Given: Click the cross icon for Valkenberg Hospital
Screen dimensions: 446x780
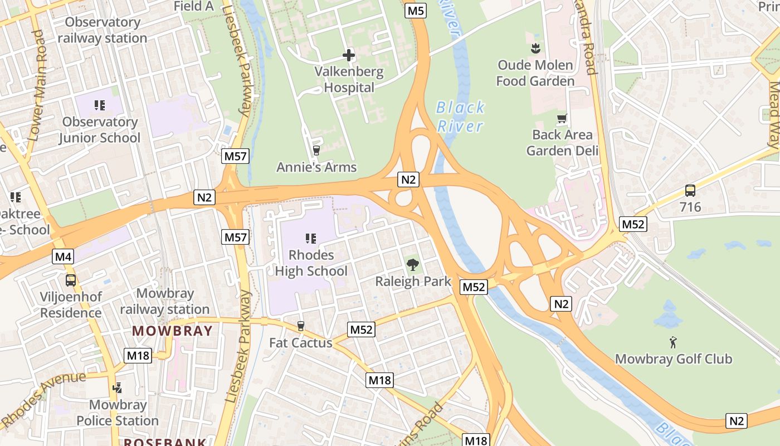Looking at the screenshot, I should (x=349, y=55).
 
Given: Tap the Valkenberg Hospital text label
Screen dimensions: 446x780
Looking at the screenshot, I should (x=349, y=80).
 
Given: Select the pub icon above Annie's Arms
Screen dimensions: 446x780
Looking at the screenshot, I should (x=316, y=150).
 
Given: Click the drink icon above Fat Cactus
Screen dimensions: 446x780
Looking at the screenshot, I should (x=301, y=326).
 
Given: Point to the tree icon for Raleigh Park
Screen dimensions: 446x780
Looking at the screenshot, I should (x=413, y=265).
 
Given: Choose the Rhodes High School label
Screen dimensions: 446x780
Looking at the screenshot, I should (x=311, y=263).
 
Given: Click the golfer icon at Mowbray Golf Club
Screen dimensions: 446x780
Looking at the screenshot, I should (x=673, y=342).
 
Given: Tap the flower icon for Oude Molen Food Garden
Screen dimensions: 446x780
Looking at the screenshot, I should (x=535, y=48).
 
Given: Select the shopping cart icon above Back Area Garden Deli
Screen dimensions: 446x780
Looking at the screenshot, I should (x=562, y=118).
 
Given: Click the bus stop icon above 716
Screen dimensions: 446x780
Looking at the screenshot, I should (x=690, y=191).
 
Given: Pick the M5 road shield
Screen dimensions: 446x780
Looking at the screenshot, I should (x=416, y=10).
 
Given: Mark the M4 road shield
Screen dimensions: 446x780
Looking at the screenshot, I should (x=63, y=256).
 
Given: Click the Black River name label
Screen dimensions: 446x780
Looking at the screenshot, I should (x=460, y=117).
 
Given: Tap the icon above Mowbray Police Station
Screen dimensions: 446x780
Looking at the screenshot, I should (x=118, y=388).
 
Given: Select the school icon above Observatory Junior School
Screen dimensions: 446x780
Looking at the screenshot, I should (x=100, y=105).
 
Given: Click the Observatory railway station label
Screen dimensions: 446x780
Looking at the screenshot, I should (x=103, y=30).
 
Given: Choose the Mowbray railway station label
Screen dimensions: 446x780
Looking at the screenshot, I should (x=165, y=301).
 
